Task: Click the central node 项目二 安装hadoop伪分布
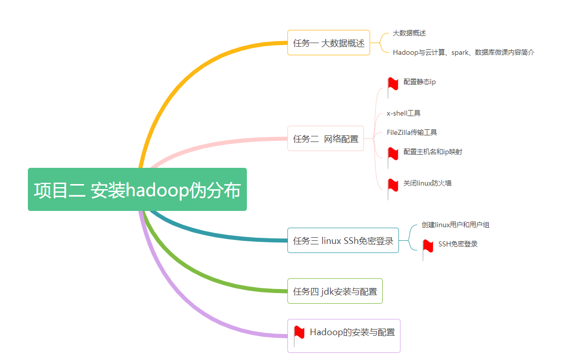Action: click(137, 190)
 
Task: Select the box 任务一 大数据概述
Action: click(328, 43)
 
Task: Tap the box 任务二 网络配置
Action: click(325, 138)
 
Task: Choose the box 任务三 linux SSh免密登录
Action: click(343, 240)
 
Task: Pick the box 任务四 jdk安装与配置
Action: click(335, 291)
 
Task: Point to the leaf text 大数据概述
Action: click(409, 33)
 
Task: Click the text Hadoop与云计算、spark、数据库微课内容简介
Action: click(463, 52)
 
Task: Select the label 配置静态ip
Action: click(419, 82)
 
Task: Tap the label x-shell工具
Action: click(404, 113)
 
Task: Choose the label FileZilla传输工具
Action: click(412, 132)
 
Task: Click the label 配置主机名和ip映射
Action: click(432, 152)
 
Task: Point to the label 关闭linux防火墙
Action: click(427, 183)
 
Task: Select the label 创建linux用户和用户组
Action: click(455, 225)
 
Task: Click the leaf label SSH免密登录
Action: click(458, 244)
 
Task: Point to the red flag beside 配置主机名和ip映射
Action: click(393, 154)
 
